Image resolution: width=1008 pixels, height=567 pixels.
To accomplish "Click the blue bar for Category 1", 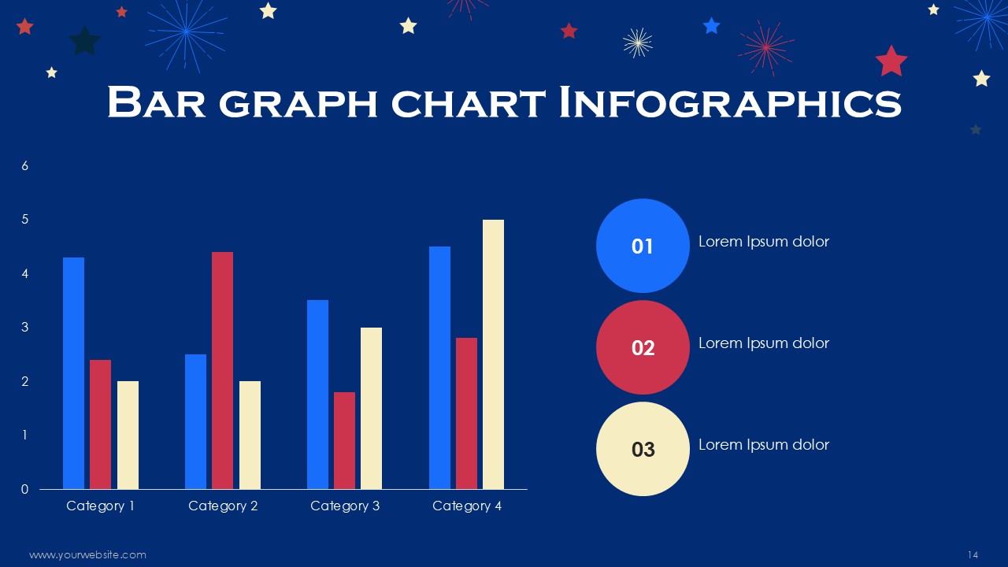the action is coord(73,373).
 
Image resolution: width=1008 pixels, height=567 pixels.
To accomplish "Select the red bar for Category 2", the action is coord(222,370).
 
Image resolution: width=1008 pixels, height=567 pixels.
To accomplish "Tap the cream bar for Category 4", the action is coord(493,354).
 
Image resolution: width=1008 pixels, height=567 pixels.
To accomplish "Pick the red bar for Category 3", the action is coord(344,440).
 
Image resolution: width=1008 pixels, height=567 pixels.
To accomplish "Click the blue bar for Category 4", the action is coord(439,368).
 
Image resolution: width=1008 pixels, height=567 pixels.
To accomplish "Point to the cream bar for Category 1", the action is coord(128,435).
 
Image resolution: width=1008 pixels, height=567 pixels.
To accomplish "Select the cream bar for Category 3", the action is coord(371,408).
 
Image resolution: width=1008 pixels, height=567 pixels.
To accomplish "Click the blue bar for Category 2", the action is coord(196,421).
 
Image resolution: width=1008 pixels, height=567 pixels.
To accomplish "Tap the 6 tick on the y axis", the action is coord(24,166).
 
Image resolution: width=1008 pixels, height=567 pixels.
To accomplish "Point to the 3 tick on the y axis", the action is coord(24,327).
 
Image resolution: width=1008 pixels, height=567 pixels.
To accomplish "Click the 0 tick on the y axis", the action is coord(24,489).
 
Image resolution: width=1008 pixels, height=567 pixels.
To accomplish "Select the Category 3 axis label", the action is coord(345,506).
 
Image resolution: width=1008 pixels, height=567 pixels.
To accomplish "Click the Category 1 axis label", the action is coord(100,506).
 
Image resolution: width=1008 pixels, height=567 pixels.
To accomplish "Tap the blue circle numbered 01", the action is coord(643,246).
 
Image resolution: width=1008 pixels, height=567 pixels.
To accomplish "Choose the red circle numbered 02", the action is coord(643,347).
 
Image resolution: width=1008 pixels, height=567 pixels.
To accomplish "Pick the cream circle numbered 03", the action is coord(643,449).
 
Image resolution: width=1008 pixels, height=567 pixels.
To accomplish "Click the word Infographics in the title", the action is coord(730,102).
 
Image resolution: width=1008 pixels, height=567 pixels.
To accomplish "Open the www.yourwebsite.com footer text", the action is coord(87,555).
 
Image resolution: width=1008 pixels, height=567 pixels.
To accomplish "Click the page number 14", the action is coord(973,555).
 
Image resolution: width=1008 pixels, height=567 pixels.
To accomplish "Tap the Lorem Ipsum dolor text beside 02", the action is coord(764,343).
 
